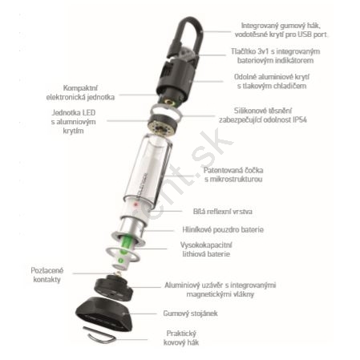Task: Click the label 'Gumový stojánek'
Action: (190, 313)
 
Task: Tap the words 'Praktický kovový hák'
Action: (181, 338)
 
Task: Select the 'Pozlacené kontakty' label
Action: (47, 275)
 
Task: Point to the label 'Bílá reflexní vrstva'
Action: (223, 212)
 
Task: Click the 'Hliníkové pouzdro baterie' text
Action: (223, 229)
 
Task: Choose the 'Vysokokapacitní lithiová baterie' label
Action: (206, 249)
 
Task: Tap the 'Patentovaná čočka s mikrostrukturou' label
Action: (233, 175)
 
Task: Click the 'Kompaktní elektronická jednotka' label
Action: (80, 92)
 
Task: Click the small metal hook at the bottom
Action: (99, 336)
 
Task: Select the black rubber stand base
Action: (104, 315)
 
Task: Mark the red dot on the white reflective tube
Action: (136, 205)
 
